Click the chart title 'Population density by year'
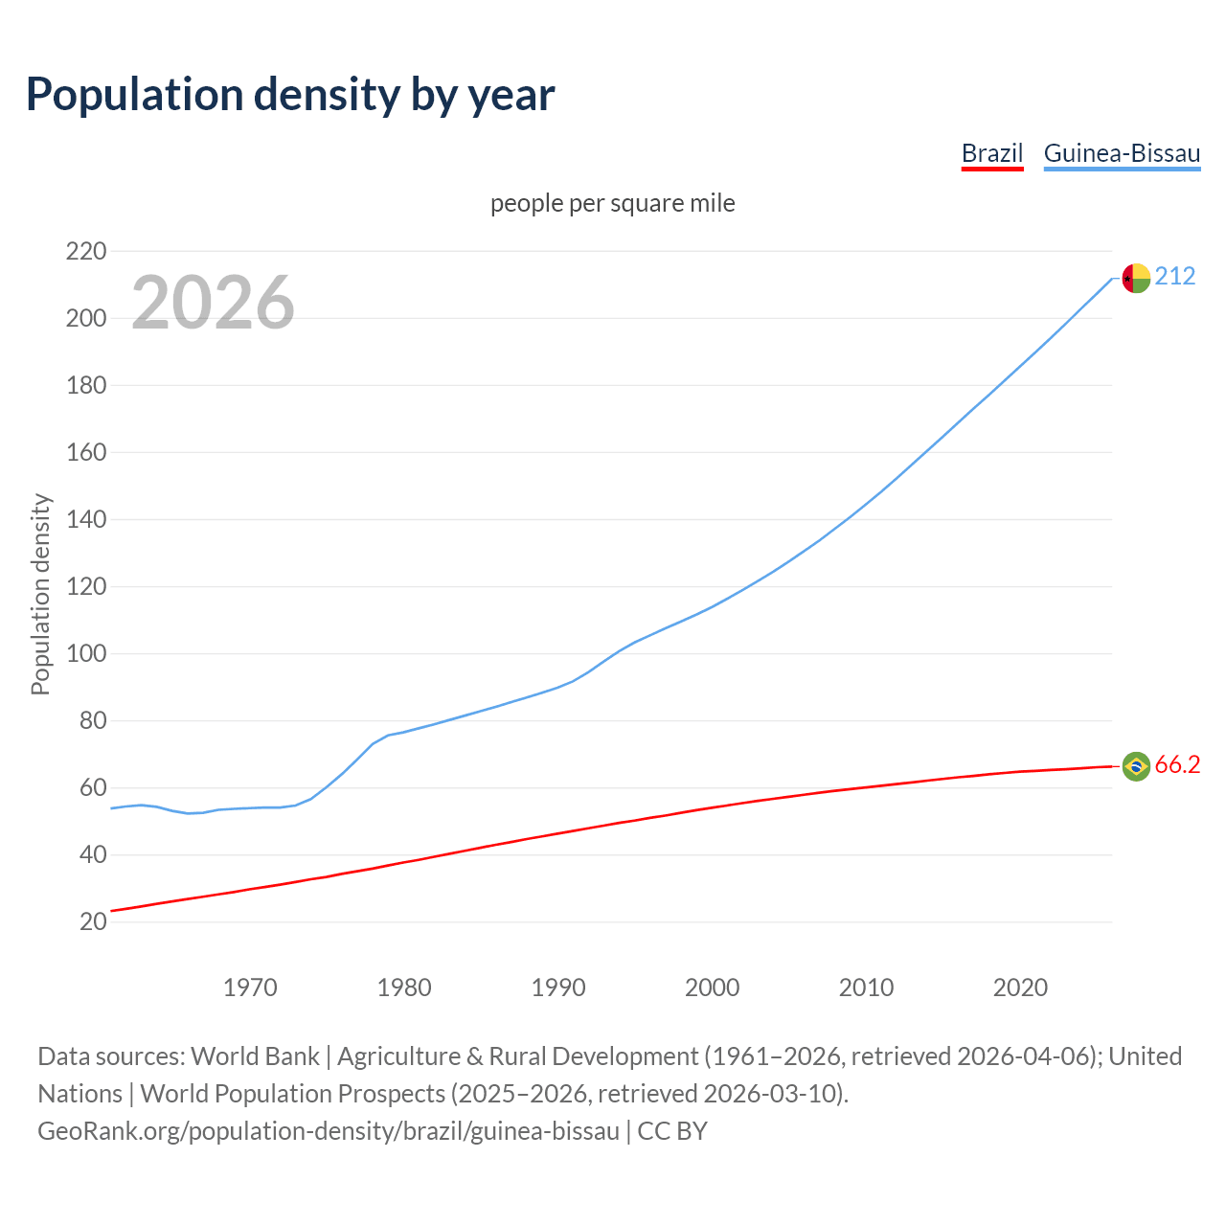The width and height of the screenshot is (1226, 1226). (290, 94)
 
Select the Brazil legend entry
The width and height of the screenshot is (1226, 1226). (991, 153)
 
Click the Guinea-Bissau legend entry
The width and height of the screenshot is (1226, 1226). (1122, 153)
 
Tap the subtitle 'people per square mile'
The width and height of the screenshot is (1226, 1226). (612, 203)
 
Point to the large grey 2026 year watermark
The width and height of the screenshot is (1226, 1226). (213, 303)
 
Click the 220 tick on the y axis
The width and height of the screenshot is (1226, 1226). (85, 251)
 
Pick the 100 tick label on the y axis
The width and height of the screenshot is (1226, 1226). (85, 654)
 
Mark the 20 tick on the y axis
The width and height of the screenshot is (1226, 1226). (92, 921)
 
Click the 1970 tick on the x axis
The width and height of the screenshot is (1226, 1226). (250, 988)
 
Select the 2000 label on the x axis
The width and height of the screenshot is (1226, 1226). (712, 988)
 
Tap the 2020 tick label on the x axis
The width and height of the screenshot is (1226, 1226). (1020, 988)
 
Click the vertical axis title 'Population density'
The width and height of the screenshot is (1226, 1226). (40, 594)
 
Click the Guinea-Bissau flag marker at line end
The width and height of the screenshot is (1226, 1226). (1136, 278)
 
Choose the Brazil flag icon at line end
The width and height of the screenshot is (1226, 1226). (1136, 766)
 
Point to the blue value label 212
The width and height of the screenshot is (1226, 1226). (1175, 277)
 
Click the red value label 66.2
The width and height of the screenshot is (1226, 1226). (1177, 764)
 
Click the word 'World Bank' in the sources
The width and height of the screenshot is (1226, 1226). (255, 1056)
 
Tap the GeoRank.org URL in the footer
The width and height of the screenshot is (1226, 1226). (329, 1130)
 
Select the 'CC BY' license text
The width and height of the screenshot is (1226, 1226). (672, 1130)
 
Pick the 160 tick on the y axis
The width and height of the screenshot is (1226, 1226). (85, 452)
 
